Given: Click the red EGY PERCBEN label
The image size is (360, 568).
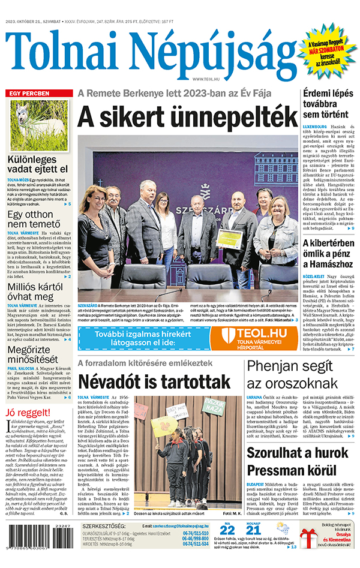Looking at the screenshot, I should (x=27, y=94).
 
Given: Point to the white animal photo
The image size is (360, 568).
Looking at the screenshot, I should (x=37, y=124).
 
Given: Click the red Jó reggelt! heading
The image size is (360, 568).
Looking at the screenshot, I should (x=27, y=413).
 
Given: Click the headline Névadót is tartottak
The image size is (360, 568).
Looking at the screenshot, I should (x=154, y=381).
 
